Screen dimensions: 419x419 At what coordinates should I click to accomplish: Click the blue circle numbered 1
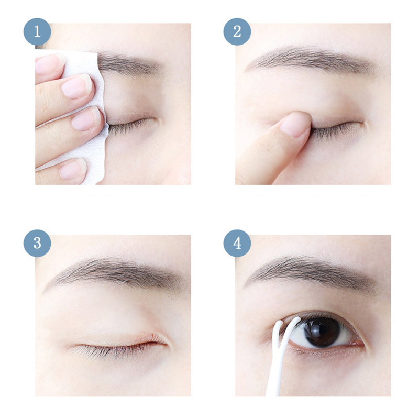[37, 31]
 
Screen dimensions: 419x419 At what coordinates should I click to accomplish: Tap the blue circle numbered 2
[237, 31]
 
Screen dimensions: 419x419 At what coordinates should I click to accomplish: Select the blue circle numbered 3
[37, 243]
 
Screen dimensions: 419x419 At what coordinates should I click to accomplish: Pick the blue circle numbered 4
[237, 243]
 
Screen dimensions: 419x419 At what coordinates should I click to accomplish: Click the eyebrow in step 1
[128, 64]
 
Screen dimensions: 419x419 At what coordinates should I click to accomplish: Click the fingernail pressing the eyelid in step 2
[294, 124]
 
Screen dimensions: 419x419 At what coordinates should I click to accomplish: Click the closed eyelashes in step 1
[131, 126]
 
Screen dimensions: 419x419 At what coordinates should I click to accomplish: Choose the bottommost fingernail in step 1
[72, 168]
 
